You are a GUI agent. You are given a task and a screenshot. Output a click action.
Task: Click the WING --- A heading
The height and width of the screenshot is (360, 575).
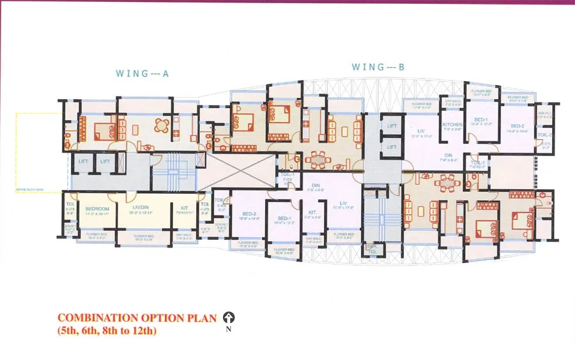(142, 74)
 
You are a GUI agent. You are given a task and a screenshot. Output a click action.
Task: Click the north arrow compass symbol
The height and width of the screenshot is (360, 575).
(229, 318)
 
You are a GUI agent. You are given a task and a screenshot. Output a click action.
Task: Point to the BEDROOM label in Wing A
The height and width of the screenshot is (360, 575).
(98, 209)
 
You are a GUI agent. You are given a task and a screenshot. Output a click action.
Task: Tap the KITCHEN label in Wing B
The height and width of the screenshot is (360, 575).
(452, 125)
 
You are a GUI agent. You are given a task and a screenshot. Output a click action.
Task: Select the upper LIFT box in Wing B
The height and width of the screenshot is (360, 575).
(392, 126)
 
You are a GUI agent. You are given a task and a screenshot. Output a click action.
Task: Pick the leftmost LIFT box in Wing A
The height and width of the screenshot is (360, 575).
(83, 162)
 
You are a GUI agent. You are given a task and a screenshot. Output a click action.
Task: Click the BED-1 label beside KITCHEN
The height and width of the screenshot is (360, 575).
(481, 120)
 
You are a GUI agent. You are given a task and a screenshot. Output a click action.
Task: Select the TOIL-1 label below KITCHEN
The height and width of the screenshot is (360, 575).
(477, 163)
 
